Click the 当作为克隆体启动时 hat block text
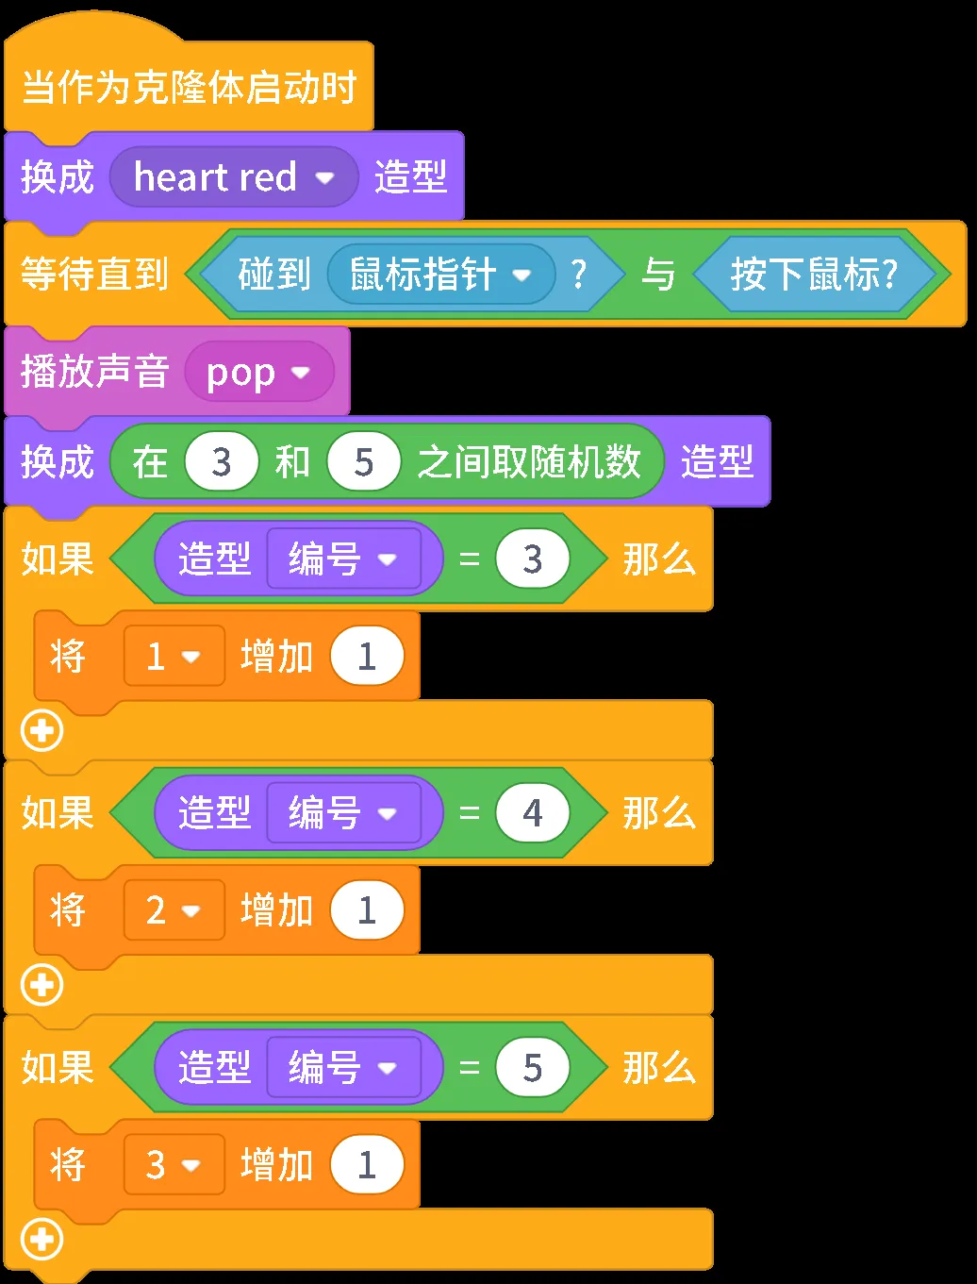(189, 88)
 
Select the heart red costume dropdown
(234, 177)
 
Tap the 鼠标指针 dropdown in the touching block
(440, 275)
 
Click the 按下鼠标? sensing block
(814, 275)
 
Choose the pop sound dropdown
(258, 373)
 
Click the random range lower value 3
(222, 462)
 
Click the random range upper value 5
(364, 462)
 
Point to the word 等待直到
(94, 275)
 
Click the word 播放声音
(94, 372)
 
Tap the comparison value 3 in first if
(533, 559)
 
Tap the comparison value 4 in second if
(533, 813)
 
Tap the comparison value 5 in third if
(533, 1068)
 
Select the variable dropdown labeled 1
(174, 656)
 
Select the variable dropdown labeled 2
(174, 910)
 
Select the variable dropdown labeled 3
(174, 1165)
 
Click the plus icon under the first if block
(42, 731)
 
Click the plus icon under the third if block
(42, 1240)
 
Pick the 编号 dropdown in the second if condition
(343, 813)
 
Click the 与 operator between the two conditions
(658, 275)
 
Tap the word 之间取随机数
(529, 462)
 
